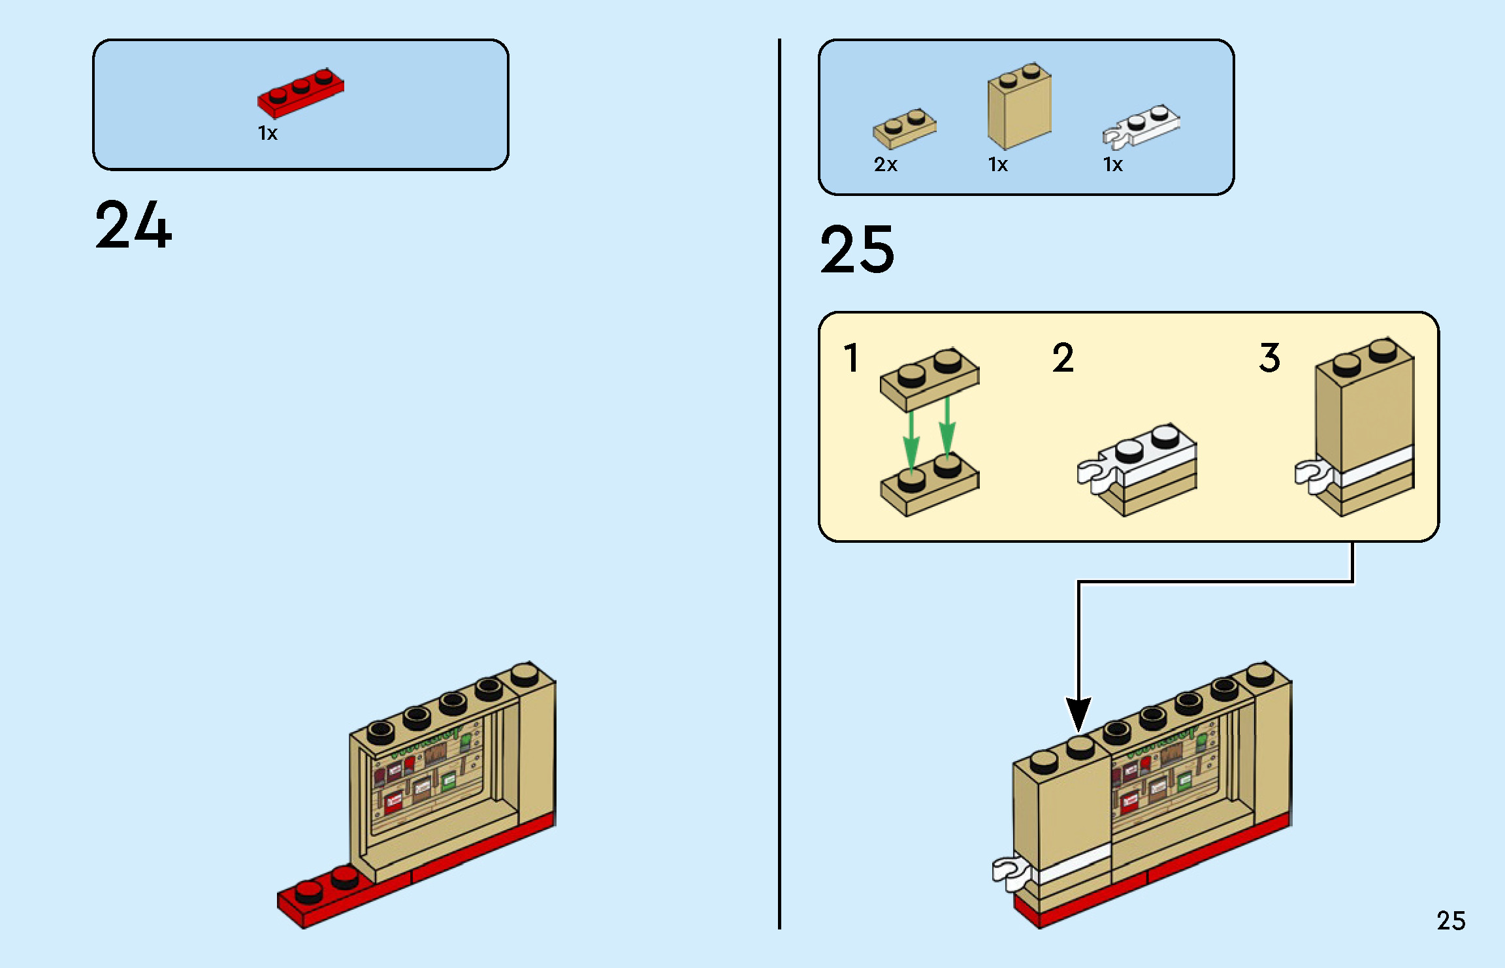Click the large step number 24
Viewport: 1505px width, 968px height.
click(x=133, y=225)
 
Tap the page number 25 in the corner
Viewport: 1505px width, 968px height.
click(x=1450, y=921)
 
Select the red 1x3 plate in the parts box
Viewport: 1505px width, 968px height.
click(x=300, y=93)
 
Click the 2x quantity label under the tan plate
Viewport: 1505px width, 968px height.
click(x=885, y=165)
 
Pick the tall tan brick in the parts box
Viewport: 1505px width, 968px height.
click(x=1019, y=108)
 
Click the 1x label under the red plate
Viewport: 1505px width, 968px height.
click(x=268, y=133)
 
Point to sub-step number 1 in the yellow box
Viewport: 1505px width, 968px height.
click(x=850, y=358)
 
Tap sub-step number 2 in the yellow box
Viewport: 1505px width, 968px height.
click(x=1063, y=358)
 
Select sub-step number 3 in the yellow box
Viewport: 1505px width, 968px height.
click(x=1269, y=358)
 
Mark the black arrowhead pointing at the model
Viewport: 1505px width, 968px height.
click(x=1078, y=714)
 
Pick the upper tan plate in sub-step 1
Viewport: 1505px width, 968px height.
click(x=929, y=379)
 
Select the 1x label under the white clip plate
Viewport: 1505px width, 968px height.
click(x=1112, y=165)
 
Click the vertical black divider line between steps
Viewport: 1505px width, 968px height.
click(x=779, y=483)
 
